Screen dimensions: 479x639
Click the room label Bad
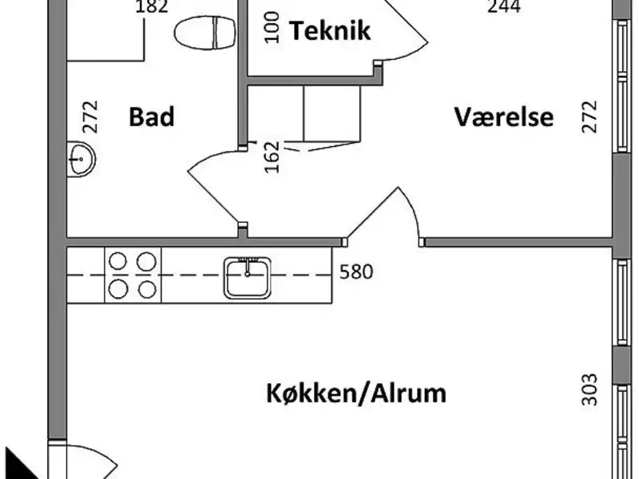(x=152, y=117)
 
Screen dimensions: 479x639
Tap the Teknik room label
(x=330, y=31)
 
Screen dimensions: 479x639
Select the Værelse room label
(x=504, y=117)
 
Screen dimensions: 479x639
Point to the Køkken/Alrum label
(x=355, y=394)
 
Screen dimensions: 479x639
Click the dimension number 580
(x=356, y=272)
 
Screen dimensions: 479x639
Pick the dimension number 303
(x=589, y=389)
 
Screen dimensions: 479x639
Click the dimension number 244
(x=504, y=7)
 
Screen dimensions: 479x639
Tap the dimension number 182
(x=151, y=7)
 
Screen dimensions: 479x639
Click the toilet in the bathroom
(x=204, y=33)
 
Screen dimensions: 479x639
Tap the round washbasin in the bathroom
(x=80, y=159)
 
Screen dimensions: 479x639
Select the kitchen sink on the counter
(x=247, y=276)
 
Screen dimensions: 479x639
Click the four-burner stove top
(x=132, y=274)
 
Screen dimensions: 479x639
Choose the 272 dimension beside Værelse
(x=589, y=117)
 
